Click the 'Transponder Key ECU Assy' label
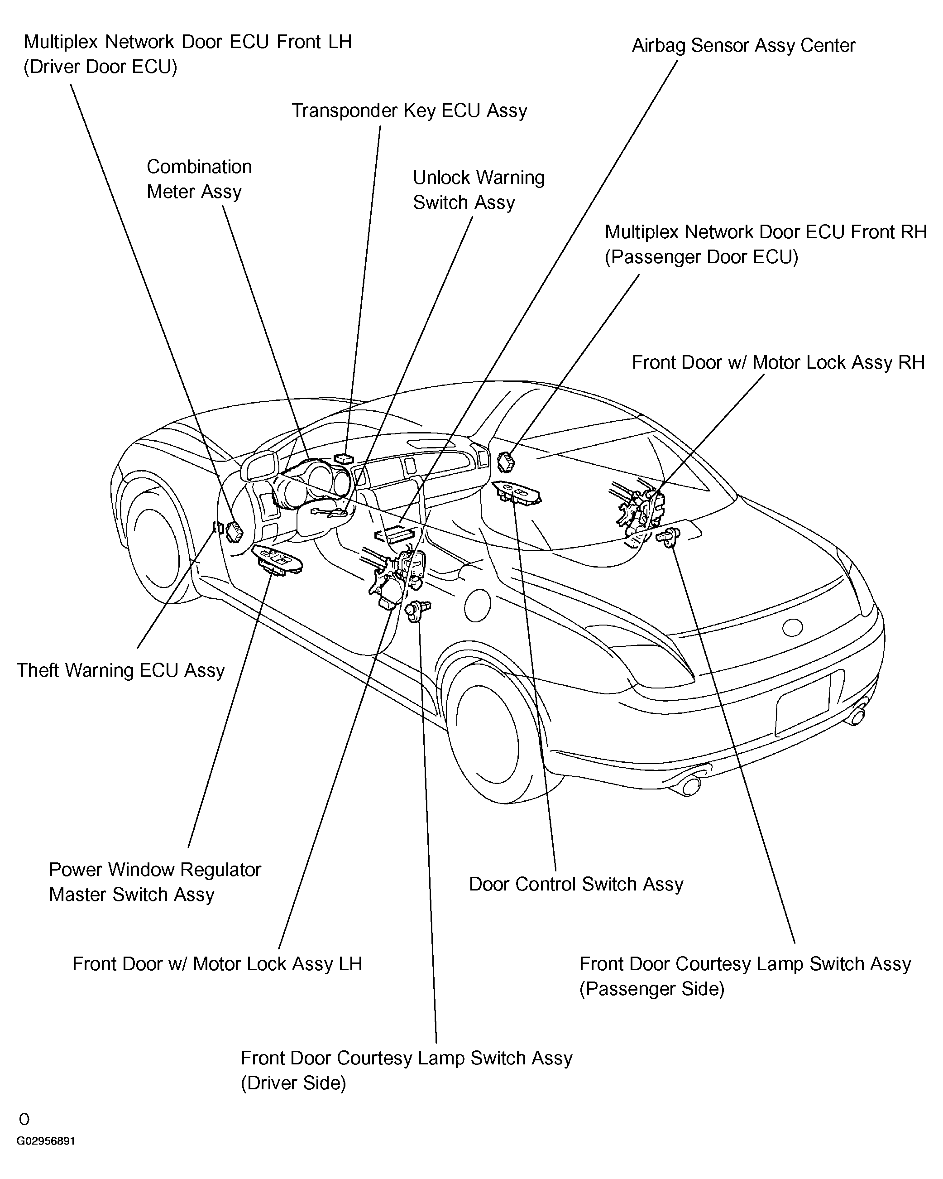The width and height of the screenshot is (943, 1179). point(409,111)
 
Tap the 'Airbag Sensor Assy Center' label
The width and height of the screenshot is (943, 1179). point(743,46)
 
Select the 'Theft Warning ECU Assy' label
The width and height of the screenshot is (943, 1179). point(121,670)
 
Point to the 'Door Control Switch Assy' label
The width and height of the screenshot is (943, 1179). point(576,884)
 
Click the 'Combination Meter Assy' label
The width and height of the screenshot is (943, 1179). point(200,179)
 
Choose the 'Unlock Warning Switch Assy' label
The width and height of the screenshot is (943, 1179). point(479,190)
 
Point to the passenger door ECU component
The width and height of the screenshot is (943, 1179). point(506,462)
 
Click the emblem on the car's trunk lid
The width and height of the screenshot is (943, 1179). point(792,628)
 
